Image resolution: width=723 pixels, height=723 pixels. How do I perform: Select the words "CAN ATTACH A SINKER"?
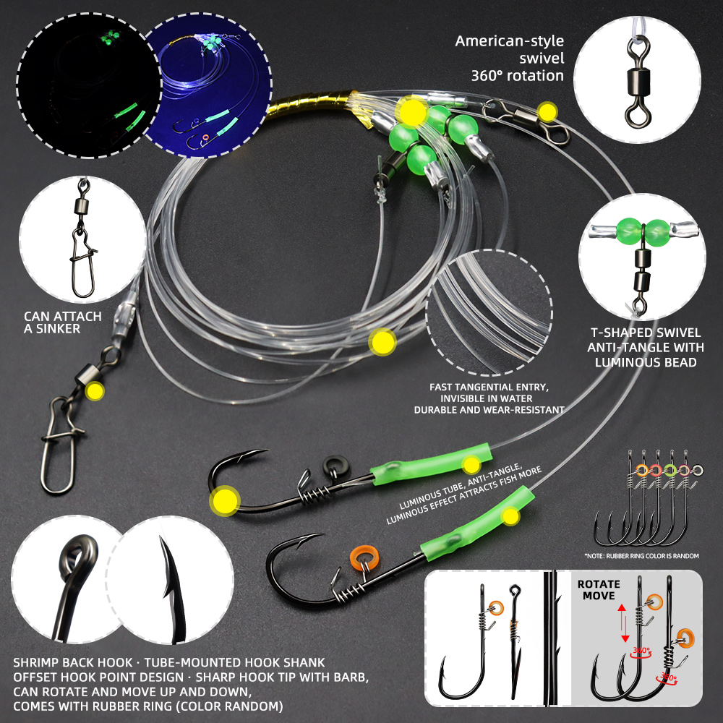click(x=63, y=322)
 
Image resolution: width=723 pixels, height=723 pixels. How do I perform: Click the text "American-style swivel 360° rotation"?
click(x=510, y=58)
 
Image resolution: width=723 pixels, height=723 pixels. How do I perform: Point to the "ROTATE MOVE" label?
click(x=599, y=590)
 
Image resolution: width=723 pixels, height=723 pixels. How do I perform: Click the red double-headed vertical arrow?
click(x=623, y=623)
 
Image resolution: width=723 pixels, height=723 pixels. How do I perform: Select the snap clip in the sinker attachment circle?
click(x=83, y=263)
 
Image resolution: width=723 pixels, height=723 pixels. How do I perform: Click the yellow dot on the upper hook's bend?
click(x=225, y=501)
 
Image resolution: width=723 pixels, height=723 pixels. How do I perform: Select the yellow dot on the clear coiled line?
click(x=382, y=342)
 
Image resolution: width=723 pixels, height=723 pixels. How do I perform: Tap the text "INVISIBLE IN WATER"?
click(x=486, y=398)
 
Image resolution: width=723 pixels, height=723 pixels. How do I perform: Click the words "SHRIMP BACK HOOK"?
click(x=72, y=662)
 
